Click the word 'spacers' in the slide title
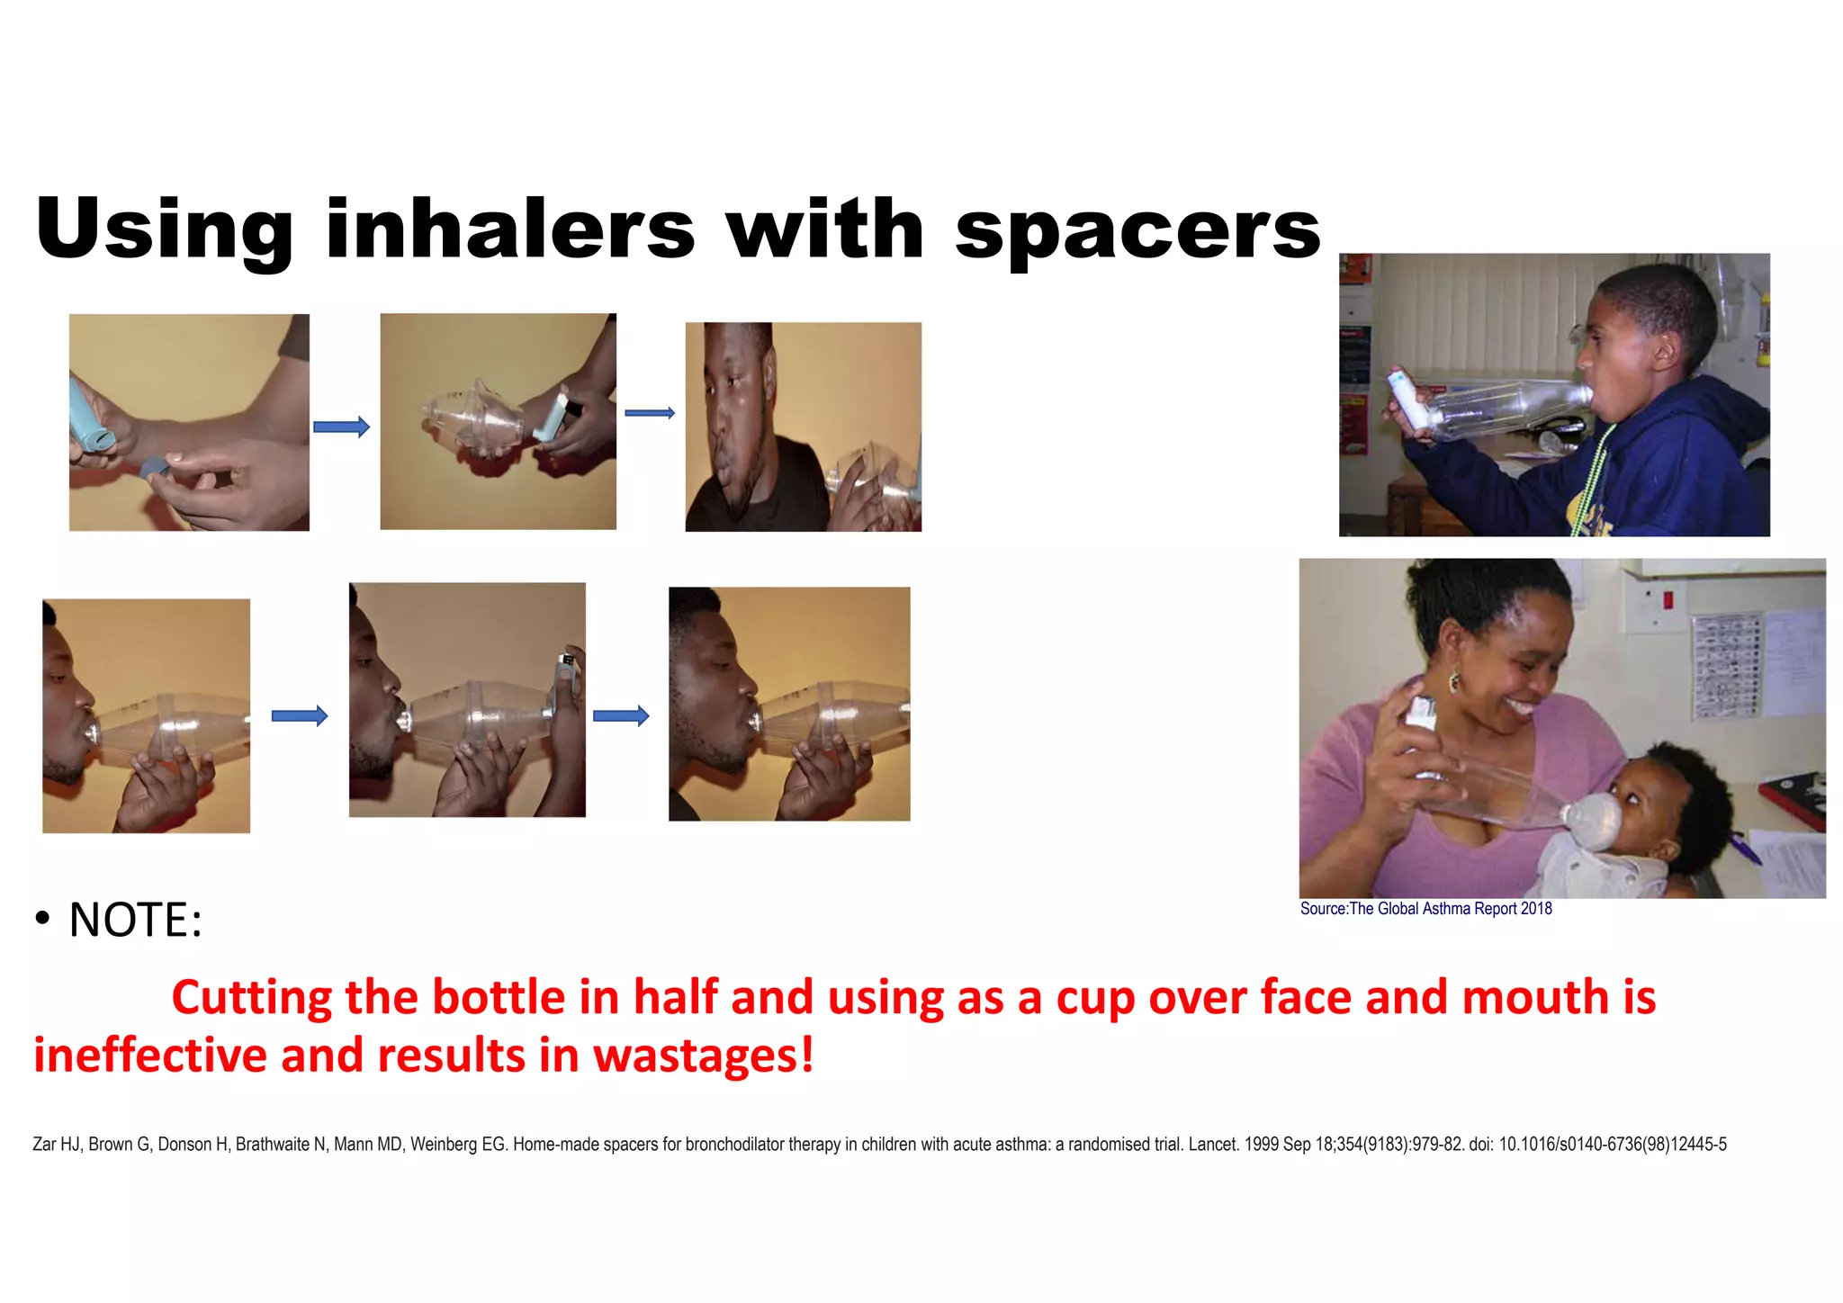click(x=1137, y=230)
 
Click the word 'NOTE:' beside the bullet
click(x=136, y=920)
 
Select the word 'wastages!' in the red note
click(x=704, y=1055)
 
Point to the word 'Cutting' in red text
click(x=251, y=997)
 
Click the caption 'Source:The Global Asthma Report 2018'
click(x=1425, y=909)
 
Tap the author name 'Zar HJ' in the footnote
click(x=56, y=1145)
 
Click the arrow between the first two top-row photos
click(x=341, y=427)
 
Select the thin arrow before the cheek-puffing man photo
click(x=650, y=413)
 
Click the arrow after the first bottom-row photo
click(x=300, y=716)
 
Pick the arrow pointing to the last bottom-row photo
click(x=621, y=716)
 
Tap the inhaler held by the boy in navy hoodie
click(x=1407, y=398)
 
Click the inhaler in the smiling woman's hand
click(x=1420, y=720)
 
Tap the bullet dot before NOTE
click(x=42, y=920)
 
